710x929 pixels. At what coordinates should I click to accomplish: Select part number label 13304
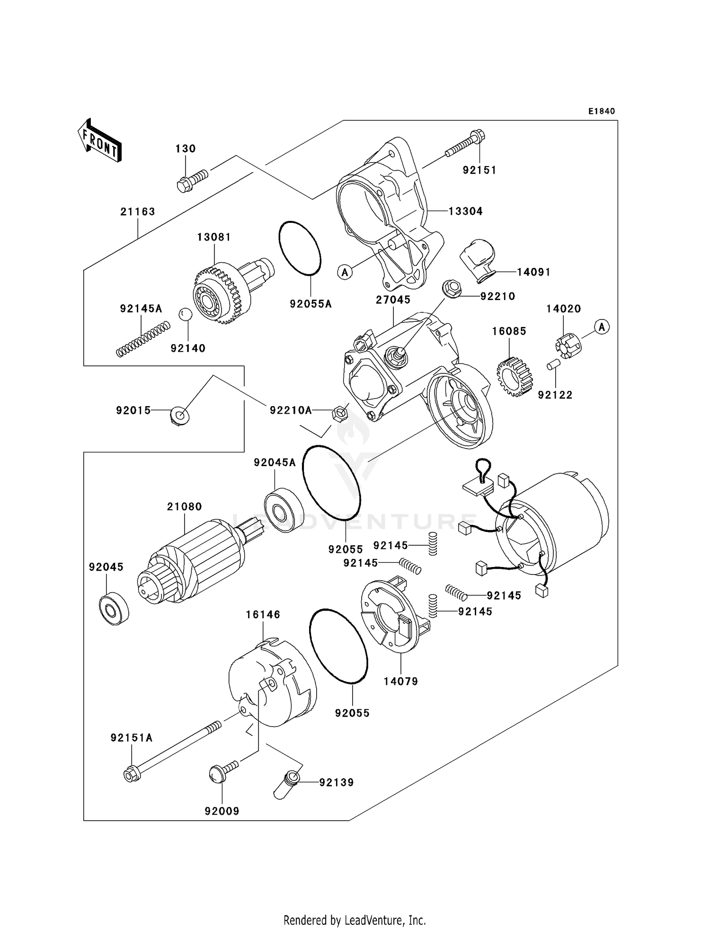(465, 212)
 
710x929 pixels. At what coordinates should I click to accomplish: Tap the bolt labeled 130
(191, 182)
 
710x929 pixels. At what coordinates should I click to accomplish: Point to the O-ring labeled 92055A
(300, 248)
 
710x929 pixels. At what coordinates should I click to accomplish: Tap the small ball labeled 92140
(185, 314)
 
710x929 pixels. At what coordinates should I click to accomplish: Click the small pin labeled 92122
(554, 365)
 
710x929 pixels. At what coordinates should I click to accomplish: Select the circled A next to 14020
(602, 327)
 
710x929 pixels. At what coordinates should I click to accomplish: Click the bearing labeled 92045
(114, 608)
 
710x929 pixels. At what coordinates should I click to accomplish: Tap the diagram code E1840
(601, 111)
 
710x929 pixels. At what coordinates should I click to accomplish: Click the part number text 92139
(336, 782)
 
